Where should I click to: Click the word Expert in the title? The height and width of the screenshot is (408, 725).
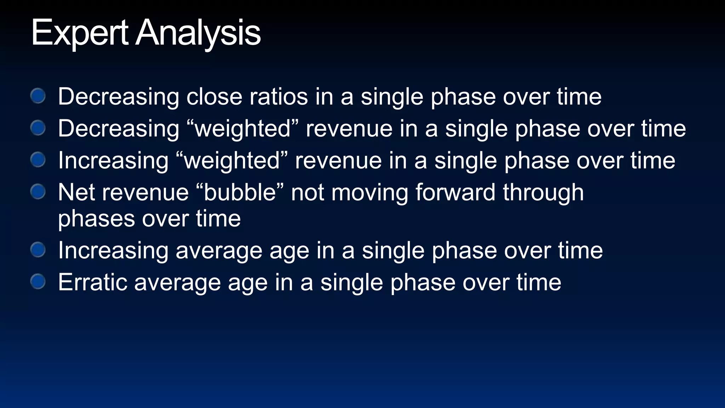tap(80, 33)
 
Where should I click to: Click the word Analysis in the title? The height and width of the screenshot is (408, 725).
tap(198, 33)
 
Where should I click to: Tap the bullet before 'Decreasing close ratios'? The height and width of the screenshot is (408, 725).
tap(38, 96)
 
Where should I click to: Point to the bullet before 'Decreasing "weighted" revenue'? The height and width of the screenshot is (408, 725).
tap(38, 127)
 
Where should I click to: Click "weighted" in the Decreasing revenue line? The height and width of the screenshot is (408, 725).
tap(242, 128)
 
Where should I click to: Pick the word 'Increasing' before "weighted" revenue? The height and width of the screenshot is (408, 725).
tap(113, 160)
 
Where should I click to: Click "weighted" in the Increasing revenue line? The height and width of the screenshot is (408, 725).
tap(232, 160)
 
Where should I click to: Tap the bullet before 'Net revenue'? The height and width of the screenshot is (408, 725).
tap(38, 192)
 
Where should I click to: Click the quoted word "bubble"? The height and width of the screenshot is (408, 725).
tap(240, 193)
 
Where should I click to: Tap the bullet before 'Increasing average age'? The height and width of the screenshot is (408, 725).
tap(38, 250)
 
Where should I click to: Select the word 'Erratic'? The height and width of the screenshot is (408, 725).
tap(93, 282)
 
